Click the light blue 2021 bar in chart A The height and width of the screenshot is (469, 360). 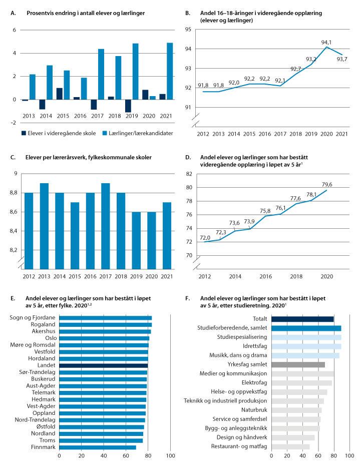coord(169,71)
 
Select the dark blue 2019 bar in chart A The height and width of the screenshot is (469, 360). coord(128,106)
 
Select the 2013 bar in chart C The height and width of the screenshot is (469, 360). coord(44,225)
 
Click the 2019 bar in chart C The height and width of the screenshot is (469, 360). coord(136,240)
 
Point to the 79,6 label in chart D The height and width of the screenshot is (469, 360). coord(327,183)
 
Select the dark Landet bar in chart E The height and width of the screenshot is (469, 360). coord(103,365)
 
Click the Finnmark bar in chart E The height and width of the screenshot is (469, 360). coord(97,446)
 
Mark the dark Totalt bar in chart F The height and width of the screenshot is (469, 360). coord(302,319)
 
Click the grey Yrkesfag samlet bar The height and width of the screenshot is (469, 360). coord(298,364)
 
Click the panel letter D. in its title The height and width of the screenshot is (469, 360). coord(187,157)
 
